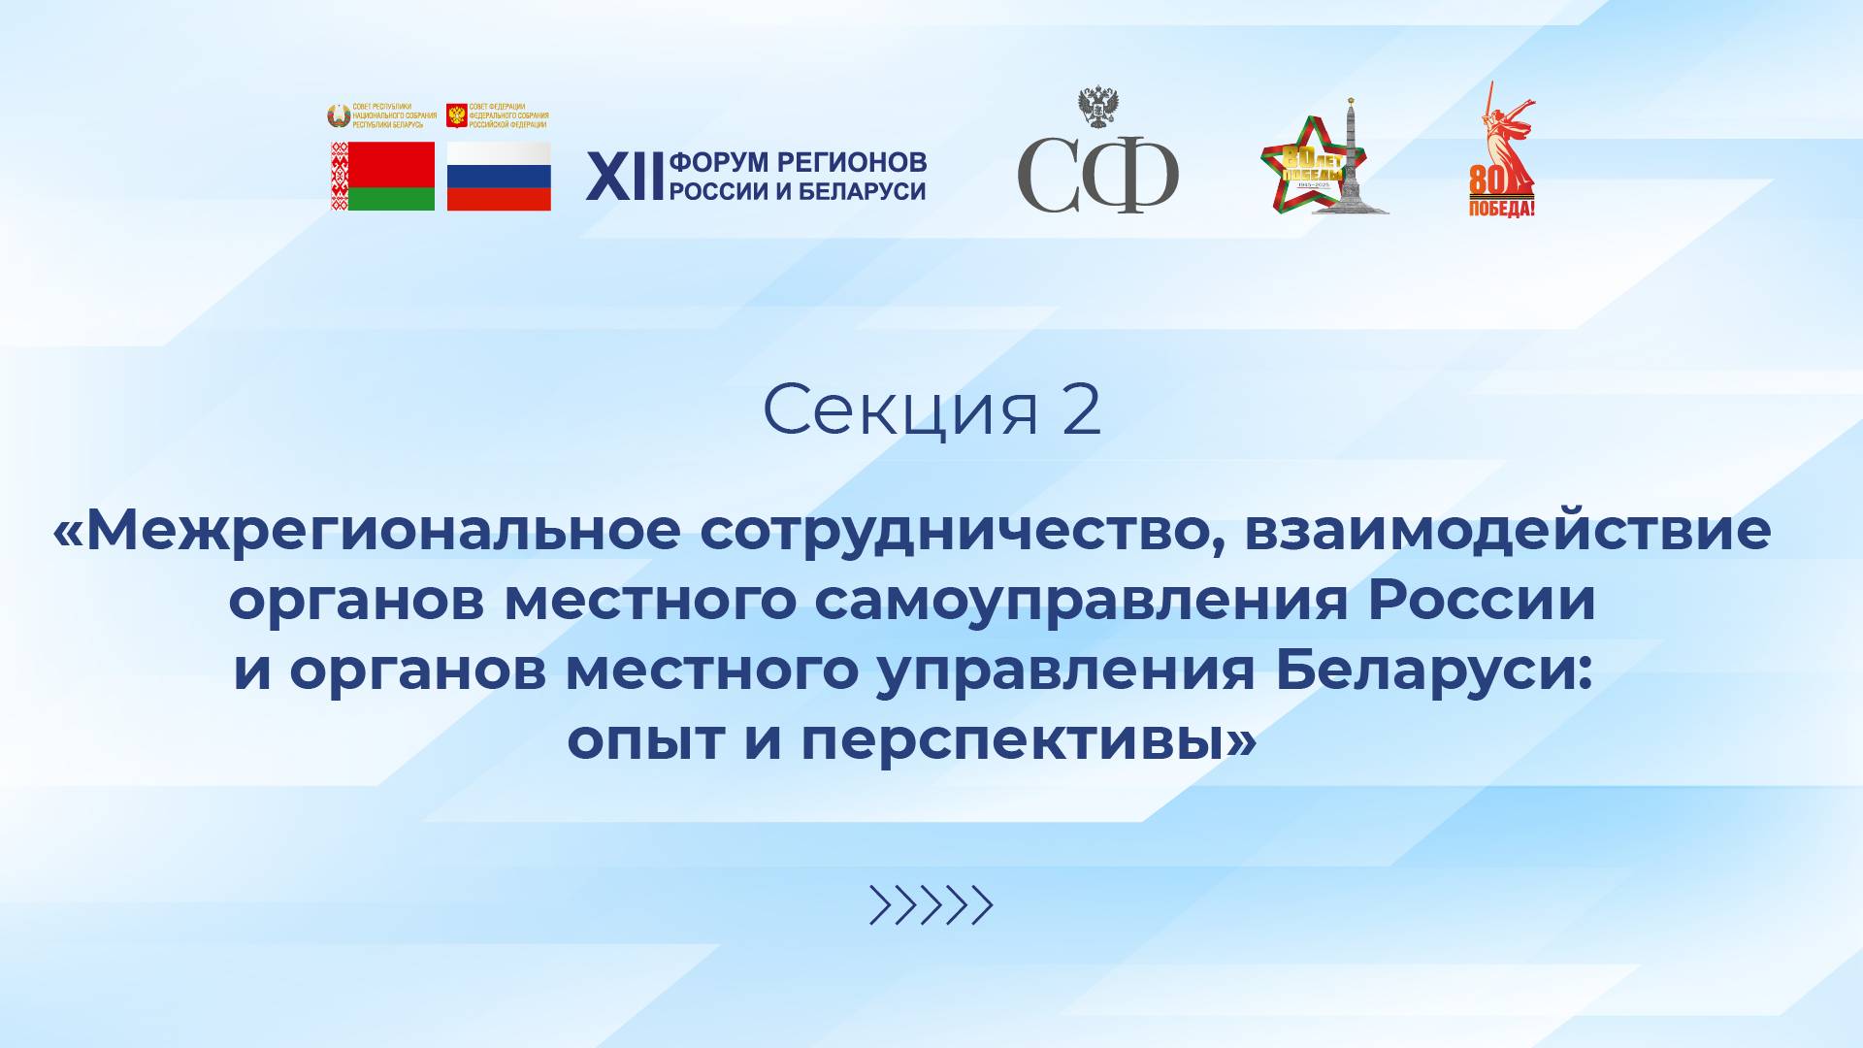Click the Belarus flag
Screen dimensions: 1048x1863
[x=382, y=177]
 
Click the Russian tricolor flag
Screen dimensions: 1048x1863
[x=499, y=177]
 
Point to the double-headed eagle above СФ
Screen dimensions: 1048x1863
[x=1098, y=107]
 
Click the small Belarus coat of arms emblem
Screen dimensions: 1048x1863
[x=338, y=116]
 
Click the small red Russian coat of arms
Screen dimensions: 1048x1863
[x=456, y=116]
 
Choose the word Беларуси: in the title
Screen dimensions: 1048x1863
[x=1434, y=671]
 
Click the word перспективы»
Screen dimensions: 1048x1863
[x=1029, y=740]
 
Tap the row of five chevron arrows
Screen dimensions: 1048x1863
[x=931, y=905]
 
